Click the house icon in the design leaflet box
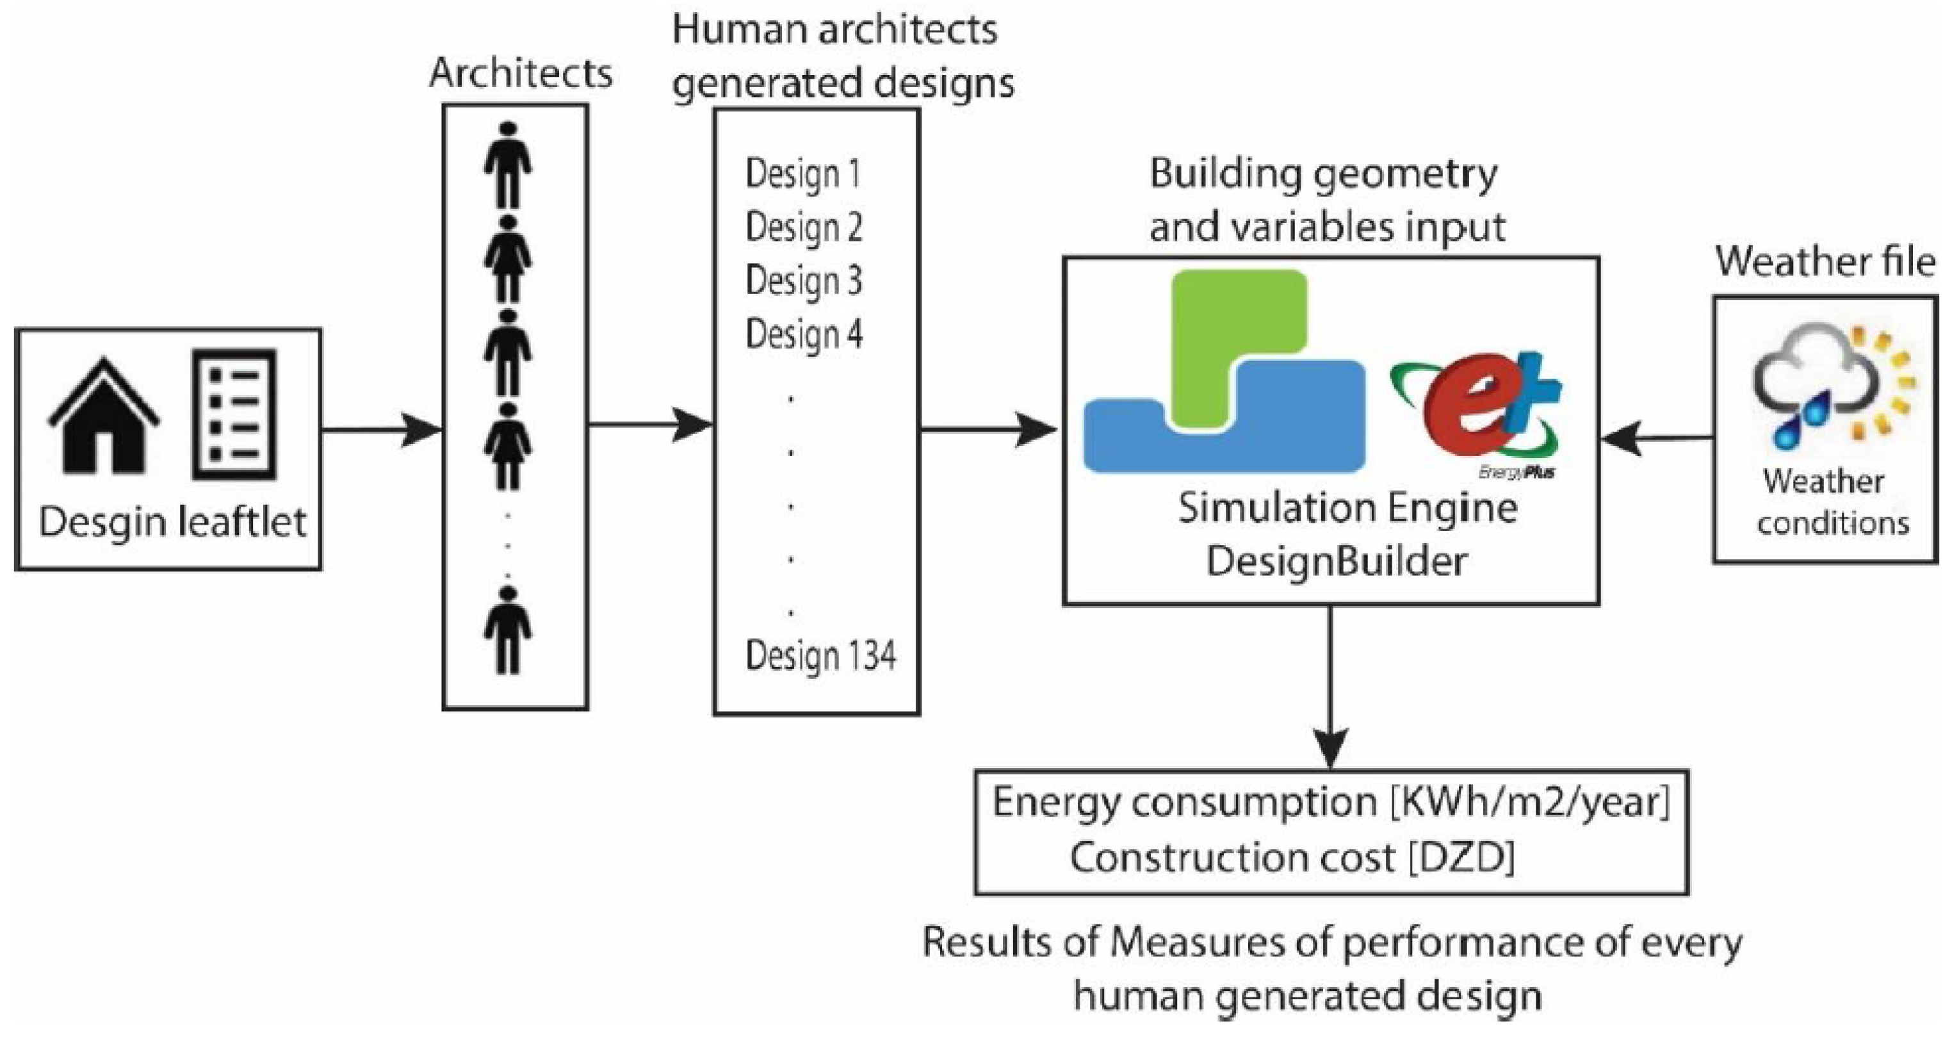point(103,417)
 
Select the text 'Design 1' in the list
point(802,174)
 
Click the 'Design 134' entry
point(820,655)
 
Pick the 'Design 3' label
point(803,281)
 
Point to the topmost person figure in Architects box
point(507,165)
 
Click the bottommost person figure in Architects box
point(507,630)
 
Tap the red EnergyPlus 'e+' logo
point(1474,409)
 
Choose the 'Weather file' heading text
point(1825,262)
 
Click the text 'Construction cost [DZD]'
point(1292,858)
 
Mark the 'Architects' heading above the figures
point(521,74)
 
